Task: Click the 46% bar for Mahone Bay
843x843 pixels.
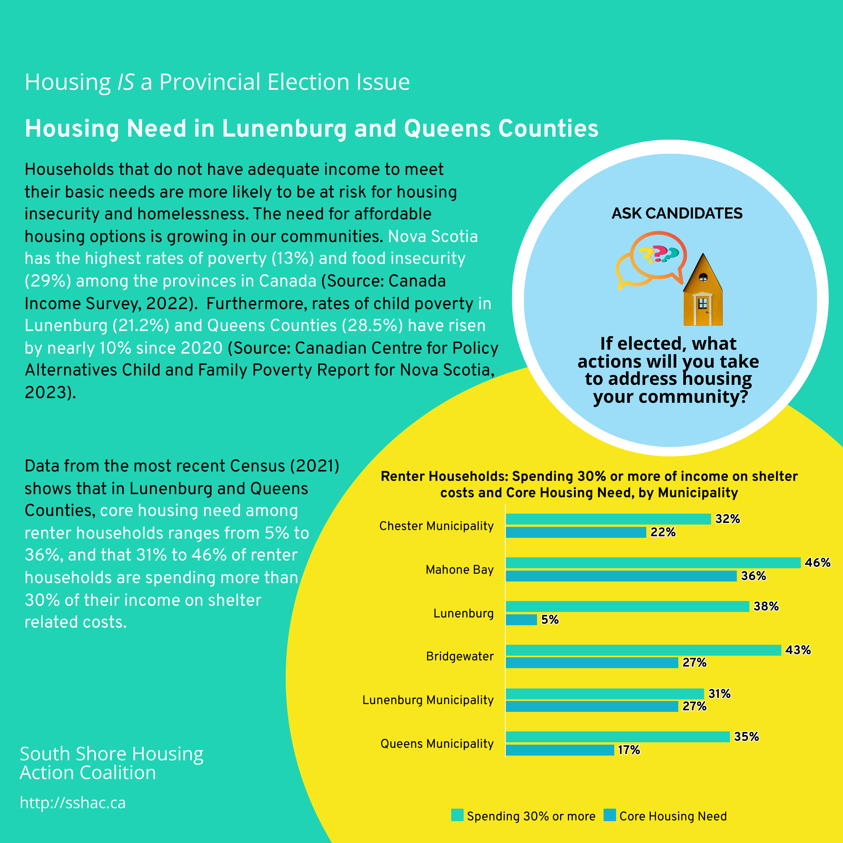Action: coord(653,563)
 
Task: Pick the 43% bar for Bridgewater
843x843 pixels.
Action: coord(643,650)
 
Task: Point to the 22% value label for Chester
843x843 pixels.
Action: coord(663,532)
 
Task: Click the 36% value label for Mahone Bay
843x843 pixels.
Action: coord(753,576)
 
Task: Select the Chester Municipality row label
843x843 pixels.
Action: coord(436,526)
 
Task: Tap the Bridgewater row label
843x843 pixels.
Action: coord(460,656)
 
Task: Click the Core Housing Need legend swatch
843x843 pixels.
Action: coord(610,815)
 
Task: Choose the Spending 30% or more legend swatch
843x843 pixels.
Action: coord(457,815)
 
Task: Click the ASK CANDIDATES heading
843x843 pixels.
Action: coord(677,213)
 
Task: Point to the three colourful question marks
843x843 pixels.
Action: coord(659,254)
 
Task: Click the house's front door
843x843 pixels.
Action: coord(702,311)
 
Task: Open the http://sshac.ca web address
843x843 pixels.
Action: coord(73,803)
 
